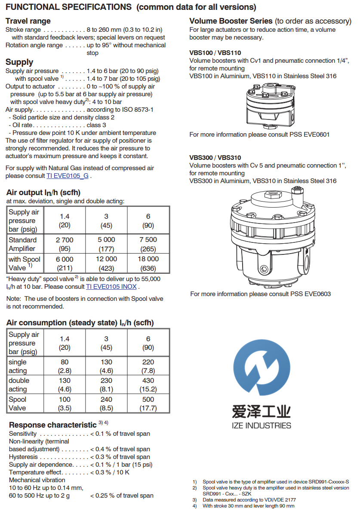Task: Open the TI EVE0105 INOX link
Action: tap(111, 287)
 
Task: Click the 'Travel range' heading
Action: tap(28, 21)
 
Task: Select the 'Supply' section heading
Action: tap(19, 62)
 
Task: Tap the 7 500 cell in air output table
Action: tap(148, 244)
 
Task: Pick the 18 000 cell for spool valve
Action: tap(148, 263)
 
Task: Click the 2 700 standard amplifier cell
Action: tap(65, 244)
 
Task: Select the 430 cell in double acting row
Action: tap(148, 385)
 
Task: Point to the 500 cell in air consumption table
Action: tap(148, 404)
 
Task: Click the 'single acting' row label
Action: tap(18, 366)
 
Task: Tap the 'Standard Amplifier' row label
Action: tap(23, 244)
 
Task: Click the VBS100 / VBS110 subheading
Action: tap(215, 53)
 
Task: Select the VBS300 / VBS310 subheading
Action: tap(215, 158)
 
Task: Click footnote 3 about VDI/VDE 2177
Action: tap(249, 500)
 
